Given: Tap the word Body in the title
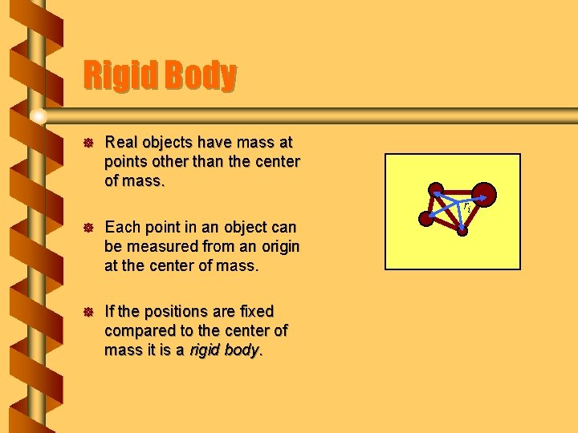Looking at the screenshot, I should tap(201, 76).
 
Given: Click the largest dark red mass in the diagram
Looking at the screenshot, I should tap(484, 194).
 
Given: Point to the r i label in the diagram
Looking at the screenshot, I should tap(466, 207).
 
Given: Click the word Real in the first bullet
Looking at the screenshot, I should tap(121, 143).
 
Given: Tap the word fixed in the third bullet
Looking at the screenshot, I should tap(254, 311).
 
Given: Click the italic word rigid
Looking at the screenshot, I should tap(205, 350).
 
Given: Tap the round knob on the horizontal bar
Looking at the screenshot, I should tap(38, 117).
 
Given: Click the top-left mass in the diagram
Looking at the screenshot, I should tap(436, 190).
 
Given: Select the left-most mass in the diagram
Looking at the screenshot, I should tap(427, 216).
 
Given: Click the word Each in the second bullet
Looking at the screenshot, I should tap(121, 227).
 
